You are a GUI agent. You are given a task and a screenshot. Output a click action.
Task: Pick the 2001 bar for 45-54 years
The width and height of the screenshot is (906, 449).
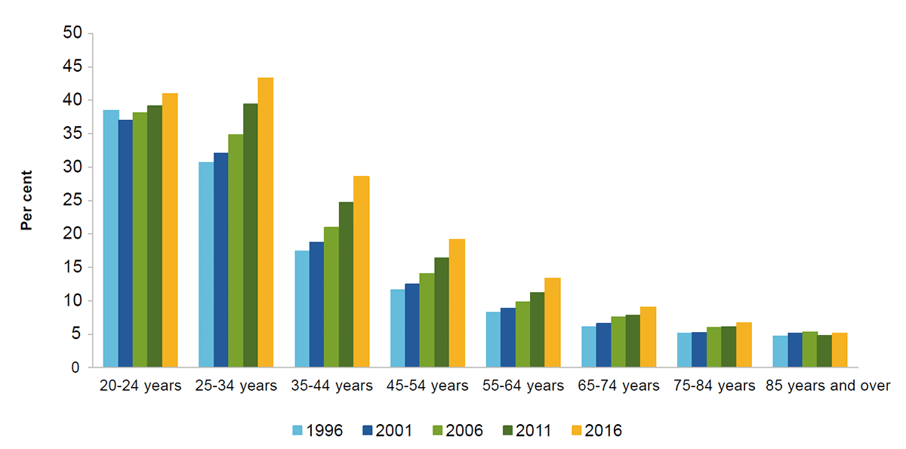(x=412, y=325)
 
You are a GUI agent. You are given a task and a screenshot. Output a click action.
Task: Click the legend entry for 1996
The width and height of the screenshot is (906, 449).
(x=317, y=431)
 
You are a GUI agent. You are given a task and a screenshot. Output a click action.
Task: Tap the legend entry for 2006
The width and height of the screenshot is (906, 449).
(x=457, y=431)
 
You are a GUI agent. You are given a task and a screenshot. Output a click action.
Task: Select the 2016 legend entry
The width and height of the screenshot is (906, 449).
(x=596, y=431)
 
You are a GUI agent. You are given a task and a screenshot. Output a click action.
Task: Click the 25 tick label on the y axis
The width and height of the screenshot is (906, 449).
(x=72, y=201)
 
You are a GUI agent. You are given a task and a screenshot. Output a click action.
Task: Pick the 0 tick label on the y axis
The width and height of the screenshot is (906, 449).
(x=76, y=368)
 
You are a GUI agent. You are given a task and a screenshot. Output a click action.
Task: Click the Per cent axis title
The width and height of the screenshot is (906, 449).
(x=26, y=200)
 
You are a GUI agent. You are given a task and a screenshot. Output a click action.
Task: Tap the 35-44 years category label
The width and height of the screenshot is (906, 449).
(x=331, y=386)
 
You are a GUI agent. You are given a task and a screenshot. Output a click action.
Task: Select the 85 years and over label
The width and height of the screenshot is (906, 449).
(x=827, y=386)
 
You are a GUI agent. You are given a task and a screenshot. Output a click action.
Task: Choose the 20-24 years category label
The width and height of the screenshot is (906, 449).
(x=140, y=386)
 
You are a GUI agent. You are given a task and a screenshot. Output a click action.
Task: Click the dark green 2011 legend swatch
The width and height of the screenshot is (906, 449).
(x=507, y=431)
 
